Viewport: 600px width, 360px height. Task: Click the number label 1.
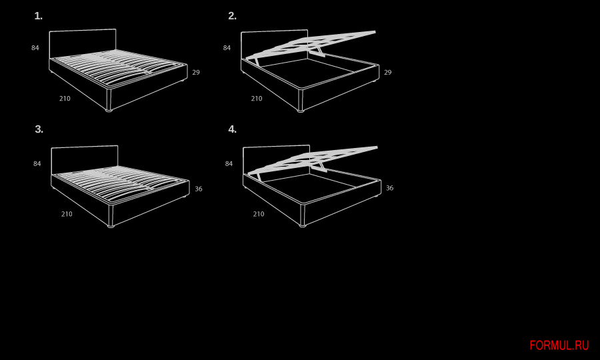[38, 16]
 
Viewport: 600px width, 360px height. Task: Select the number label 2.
[232, 16]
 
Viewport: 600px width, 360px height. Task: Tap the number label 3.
[39, 129]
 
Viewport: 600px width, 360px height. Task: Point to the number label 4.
[232, 129]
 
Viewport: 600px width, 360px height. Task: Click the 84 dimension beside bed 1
[35, 48]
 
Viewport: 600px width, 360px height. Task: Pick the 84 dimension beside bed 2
[227, 48]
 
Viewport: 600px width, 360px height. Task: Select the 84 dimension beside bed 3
[37, 164]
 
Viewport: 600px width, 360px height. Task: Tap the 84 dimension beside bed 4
[229, 164]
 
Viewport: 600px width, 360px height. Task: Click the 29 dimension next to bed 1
[196, 72]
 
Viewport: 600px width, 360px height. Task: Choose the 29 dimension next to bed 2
[387, 72]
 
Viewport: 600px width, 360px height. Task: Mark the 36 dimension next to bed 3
[199, 189]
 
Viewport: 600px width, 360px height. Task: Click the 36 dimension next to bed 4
[389, 188]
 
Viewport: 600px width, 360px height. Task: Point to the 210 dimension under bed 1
[65, 99]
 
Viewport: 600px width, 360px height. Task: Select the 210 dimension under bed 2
[257, 99]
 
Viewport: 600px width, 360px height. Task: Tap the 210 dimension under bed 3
[67, 214]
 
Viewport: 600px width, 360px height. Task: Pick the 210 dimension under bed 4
[259, 214]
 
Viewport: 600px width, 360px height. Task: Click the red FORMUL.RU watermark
[559, 345]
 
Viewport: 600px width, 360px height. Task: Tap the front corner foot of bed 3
[111, 226]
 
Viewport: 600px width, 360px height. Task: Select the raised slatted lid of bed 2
[311, 44]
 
